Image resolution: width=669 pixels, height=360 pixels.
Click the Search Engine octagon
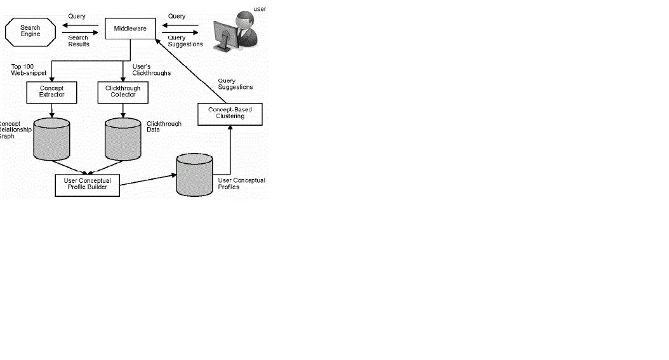pos(30,31)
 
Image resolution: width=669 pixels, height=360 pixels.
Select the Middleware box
pos(130,29)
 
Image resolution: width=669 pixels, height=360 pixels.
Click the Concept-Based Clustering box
pos(230,114)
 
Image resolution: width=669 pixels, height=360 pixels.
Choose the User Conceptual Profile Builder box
pos(88,184)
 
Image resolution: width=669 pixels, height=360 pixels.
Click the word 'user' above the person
pos(260,9)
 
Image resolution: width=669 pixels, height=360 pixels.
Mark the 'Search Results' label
pos(79,41)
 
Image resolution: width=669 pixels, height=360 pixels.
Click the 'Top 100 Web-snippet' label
pos(29,70)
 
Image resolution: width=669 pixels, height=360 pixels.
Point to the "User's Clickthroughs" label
pos(151,70)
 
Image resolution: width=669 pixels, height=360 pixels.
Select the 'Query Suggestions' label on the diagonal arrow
pos(235,84)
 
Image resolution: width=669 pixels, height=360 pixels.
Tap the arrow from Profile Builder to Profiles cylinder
pos(147,180)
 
